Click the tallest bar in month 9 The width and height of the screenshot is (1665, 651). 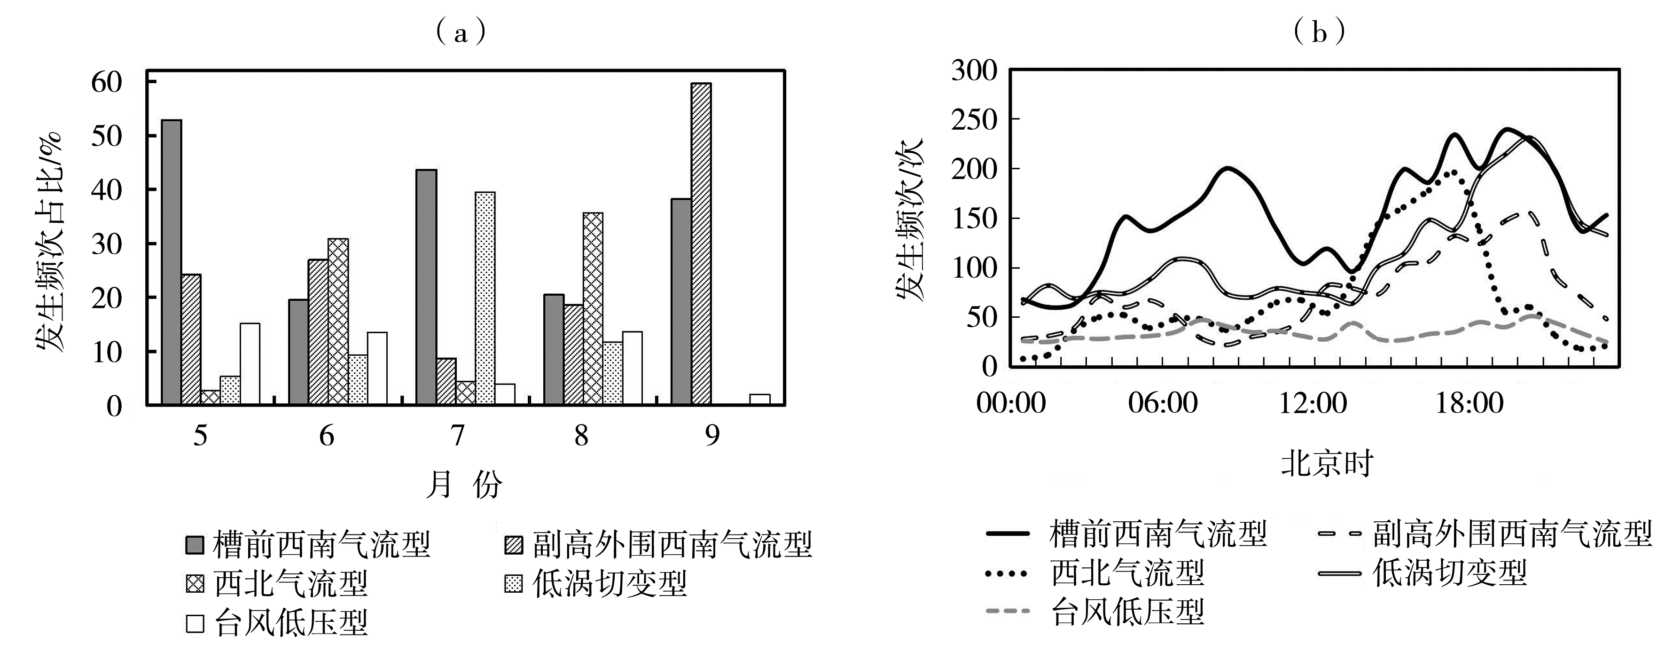[701, 244]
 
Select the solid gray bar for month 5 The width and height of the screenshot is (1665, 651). [171, 262]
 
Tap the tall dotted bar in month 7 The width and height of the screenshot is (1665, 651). [485, 298]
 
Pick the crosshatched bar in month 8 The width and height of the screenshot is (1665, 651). [593, 309]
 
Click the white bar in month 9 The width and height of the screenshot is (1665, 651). [759, 400]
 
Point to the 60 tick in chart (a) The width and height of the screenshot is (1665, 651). [107, 83]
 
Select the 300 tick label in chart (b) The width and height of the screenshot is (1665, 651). [975, 70]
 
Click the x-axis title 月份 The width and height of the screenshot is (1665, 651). [464, 484]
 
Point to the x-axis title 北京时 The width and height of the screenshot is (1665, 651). [1327, 463]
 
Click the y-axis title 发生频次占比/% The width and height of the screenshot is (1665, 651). [50, 243]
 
